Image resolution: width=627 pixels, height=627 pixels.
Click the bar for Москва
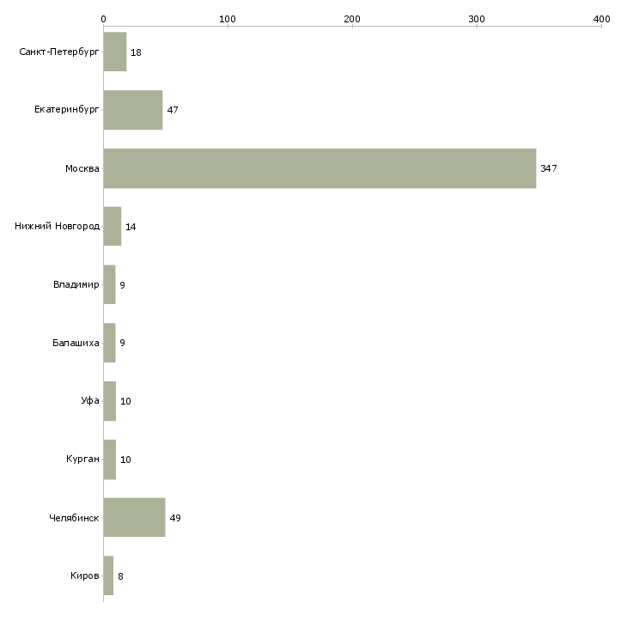tap(320, 168)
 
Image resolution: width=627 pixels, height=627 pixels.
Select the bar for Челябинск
tap(134, 518)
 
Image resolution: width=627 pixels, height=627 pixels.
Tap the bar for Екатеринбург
tap(133, 110)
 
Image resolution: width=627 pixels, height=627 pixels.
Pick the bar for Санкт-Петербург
tap(115, 52)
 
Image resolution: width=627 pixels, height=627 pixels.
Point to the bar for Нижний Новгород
tap(113, 227)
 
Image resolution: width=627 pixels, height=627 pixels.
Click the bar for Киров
tap(108, 576)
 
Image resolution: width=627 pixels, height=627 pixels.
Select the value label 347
tap(549, 168)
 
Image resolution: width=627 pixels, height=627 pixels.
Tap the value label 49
tap(175, 518)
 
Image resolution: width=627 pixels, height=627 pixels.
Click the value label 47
tap(173, 110)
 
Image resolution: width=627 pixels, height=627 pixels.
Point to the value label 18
tap(136, 52)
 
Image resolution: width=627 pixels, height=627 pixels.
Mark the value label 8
tap(120, 576)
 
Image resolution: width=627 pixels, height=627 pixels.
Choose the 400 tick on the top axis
tap(601, 18)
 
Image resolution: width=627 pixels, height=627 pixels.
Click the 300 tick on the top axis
tap(477, 18)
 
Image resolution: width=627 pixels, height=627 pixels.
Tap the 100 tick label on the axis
tap(228, 18)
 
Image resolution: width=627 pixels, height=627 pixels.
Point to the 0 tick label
tap(103, 18)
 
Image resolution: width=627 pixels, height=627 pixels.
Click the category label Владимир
tap(76, 285)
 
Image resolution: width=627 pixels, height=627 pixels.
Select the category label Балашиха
tap(76, 344)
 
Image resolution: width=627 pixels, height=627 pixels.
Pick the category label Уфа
tap(90, 401)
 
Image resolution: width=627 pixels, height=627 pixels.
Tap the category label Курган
tap(82, 460)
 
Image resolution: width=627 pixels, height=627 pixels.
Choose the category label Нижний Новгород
tap(57, 227)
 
